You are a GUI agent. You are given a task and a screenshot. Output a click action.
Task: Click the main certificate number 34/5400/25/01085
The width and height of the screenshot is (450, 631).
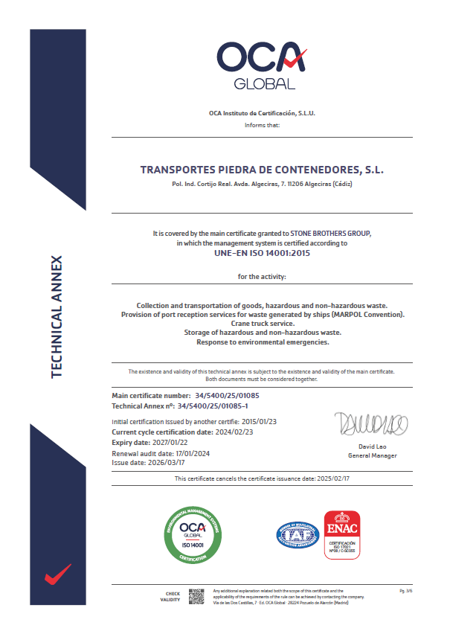pyautogui.click(x=226, y=395)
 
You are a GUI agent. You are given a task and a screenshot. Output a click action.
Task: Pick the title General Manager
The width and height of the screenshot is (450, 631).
pyautogui.click(x=372, y=455)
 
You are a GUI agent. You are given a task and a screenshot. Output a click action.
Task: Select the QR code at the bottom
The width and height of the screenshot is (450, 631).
pyautogui.click(x=196, y=596)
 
